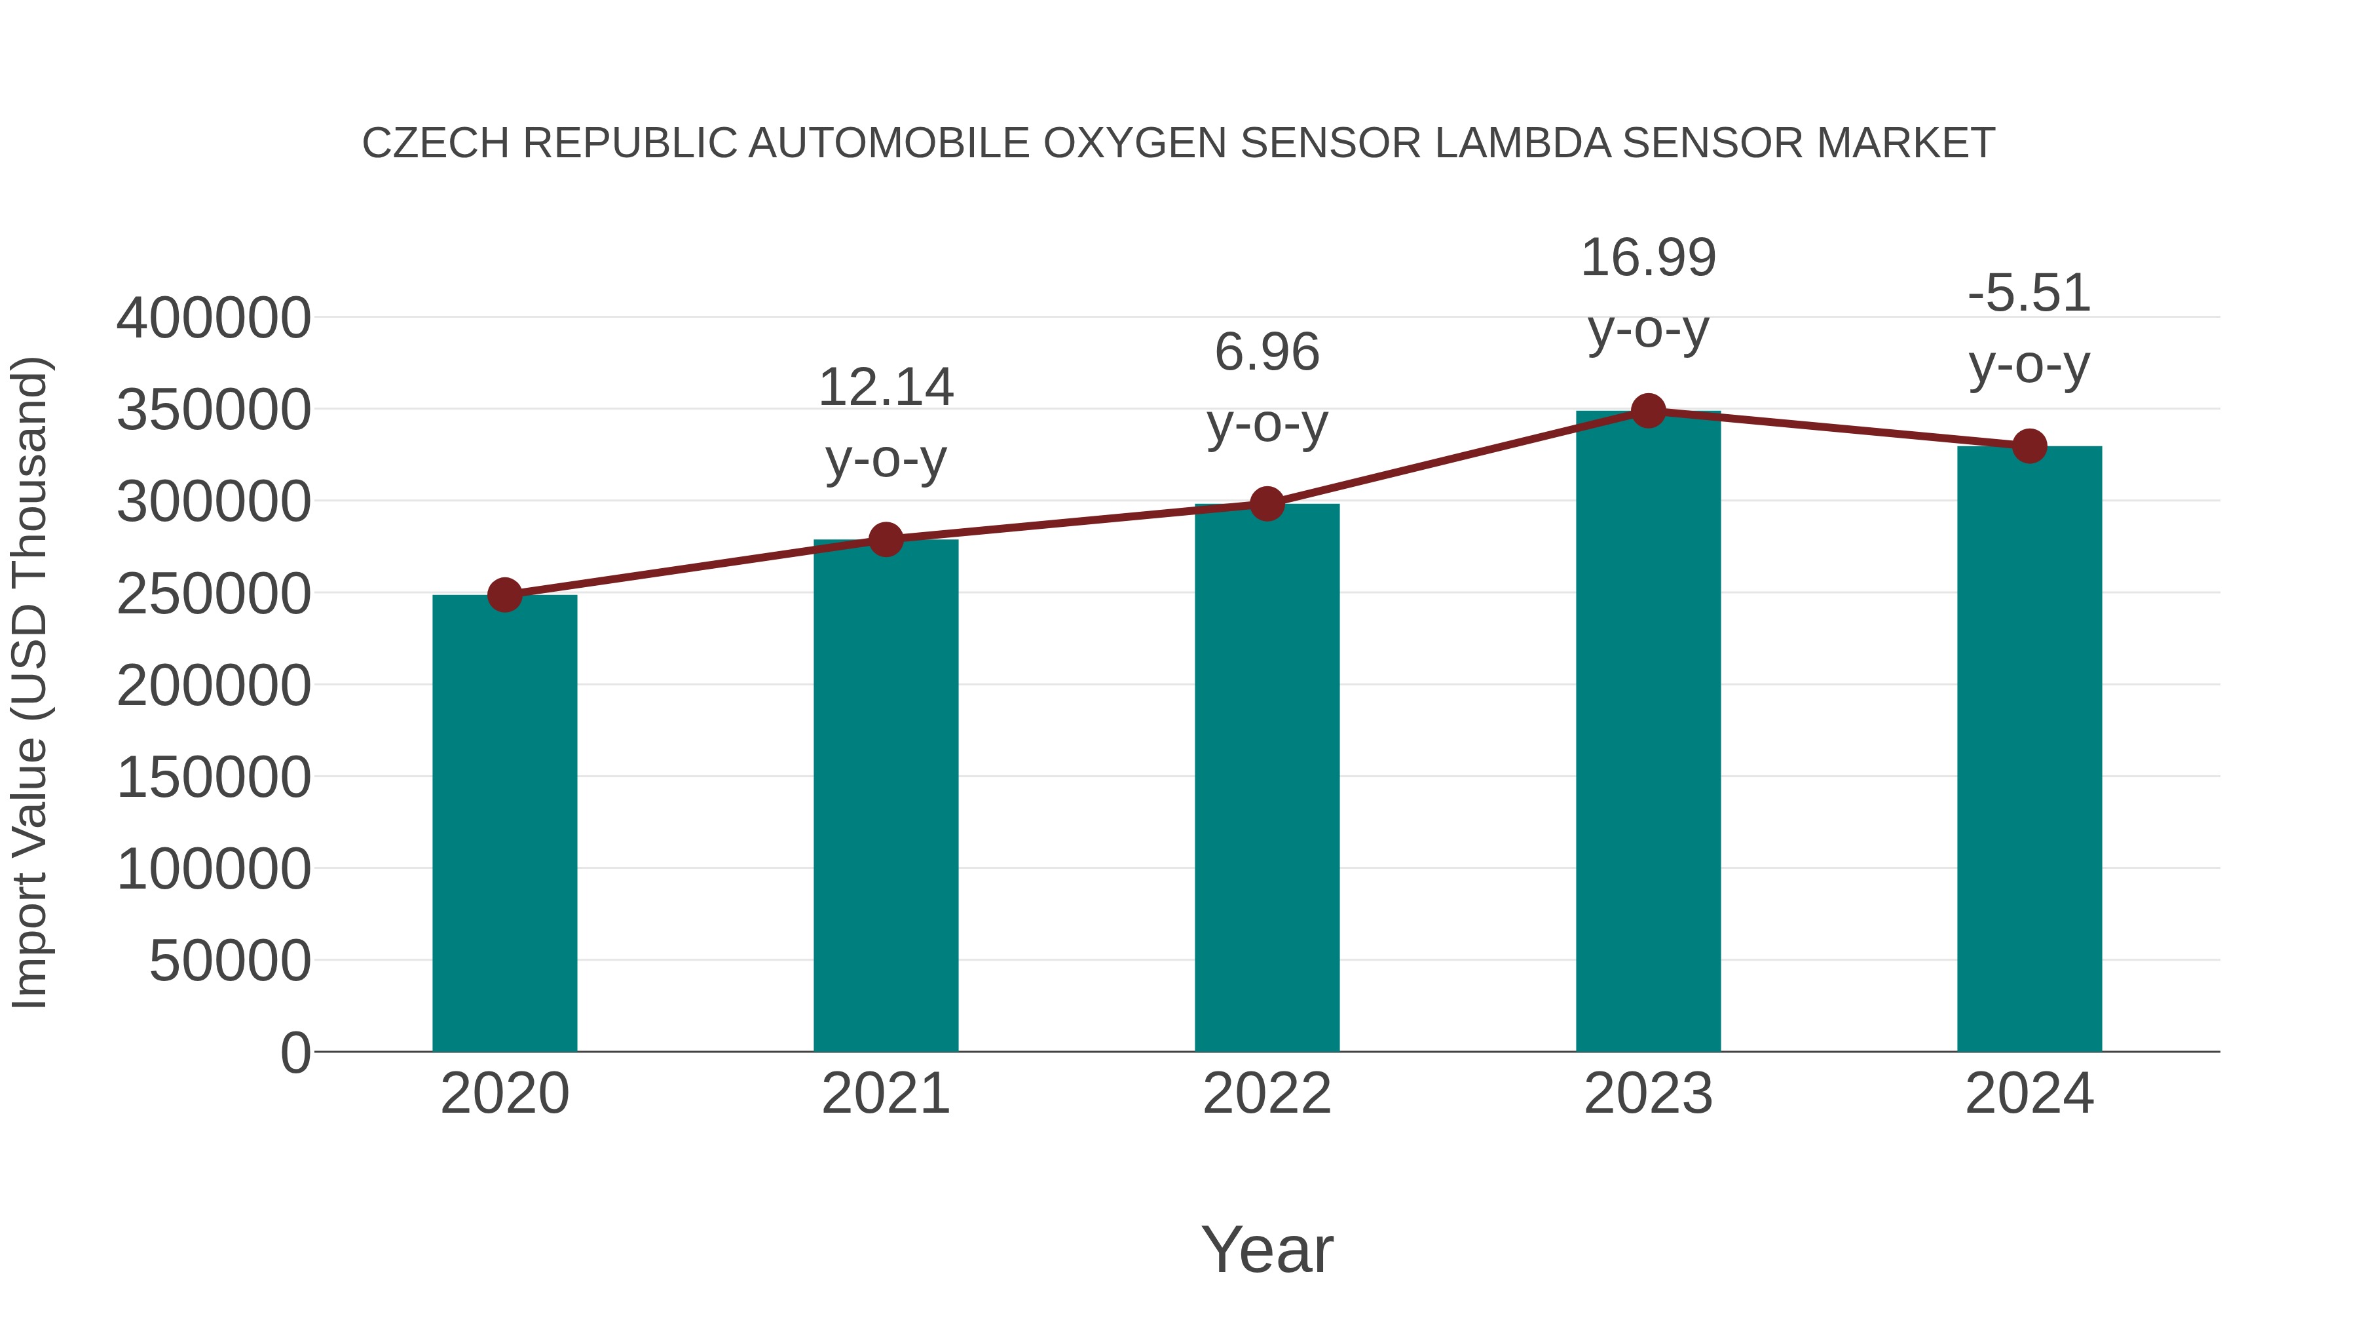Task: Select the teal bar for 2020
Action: tap(504, 824)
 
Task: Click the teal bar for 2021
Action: tap(885, 797)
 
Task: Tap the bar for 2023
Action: tap(1648, 733)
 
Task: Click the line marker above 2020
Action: tap(504, 595)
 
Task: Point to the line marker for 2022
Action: tap(1267, 504)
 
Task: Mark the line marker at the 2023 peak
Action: tap(1648, 411)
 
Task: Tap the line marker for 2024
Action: tap(2029, 446)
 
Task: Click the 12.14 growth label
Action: tap(885, 387)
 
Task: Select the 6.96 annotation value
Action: tap(1267, 353)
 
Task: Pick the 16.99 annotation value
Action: tap(1648, 258)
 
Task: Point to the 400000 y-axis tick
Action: tap(214, 318)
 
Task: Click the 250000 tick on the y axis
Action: tap(214, 594)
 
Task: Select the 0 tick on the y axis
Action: tap(295, 1052)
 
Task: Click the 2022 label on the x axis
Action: tap(1267, 1094)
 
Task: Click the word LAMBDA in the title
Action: tap(1522, 144)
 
